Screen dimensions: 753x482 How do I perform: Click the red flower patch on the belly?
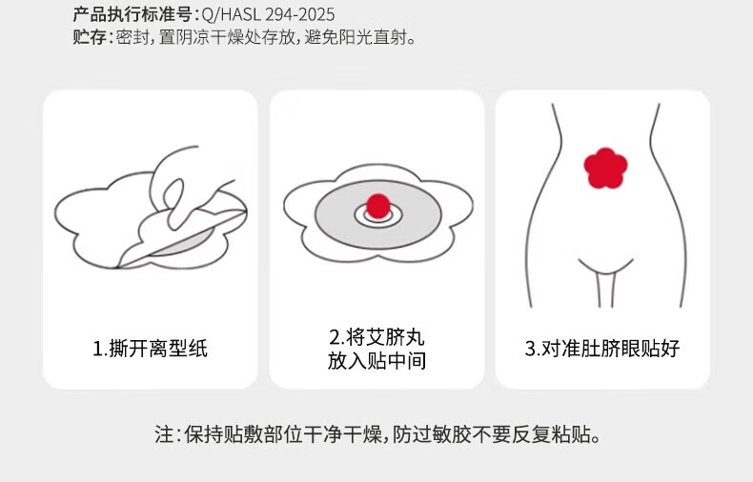pos(605,168)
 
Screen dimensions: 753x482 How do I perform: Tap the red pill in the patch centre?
pos(378,207)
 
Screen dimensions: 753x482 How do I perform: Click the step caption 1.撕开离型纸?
pos(150,349)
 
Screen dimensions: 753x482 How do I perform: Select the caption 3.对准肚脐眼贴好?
pos(602,349)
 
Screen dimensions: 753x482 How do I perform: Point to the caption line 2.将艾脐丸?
pos(377,337)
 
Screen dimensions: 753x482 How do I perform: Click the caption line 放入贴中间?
pos(377,361)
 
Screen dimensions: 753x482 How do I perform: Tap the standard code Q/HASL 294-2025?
pos(268,15)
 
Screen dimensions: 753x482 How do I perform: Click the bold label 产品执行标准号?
pos(132,14)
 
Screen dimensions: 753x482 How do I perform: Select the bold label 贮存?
pos(90,37)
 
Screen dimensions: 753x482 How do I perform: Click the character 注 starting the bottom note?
pos(163,434)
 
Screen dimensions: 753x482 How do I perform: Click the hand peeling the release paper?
pos(193,188)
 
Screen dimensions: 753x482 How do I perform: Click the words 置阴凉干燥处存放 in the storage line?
pos(227,37)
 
